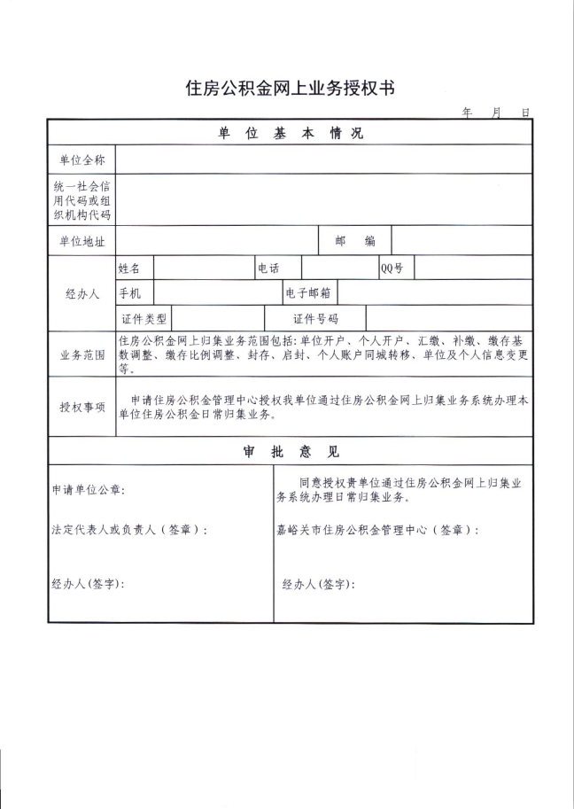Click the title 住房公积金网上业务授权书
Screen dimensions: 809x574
pyautogui.click(x=289, y=88)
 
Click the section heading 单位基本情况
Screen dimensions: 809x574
pyautogui.click(x=291, y=134)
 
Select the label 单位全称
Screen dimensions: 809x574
pyautogui.click(x=82, y=160)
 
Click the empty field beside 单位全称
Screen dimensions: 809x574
pyautogui.click(x=323, y=160)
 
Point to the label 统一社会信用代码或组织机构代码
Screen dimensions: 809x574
pyautogui.click(x=82, y=200)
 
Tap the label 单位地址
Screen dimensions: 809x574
pyautogui.click(x=82, y=241)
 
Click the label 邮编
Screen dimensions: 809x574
pyautogui.click(x=354, y=241)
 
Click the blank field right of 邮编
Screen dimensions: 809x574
pyautogui.click(x=462, y=241)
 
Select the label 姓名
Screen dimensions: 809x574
pyautogui.click(x=129, y=268)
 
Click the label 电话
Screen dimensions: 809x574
pyautogui.click(x=268, y=268)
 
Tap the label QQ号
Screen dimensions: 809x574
pyautogui.click(x=392, y=268)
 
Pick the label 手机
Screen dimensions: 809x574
pyautogui.click(x=129, y=292)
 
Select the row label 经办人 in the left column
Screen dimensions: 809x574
pyautogui.click(x=82, y=293)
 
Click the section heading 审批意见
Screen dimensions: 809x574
pyautogui.click(x=291, y=451)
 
